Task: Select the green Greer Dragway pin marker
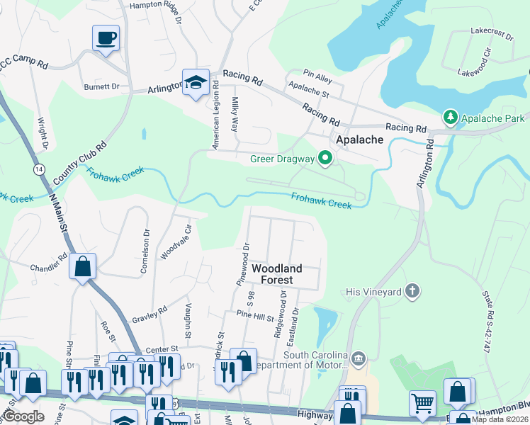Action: [x=325, y=158]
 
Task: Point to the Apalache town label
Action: [x=359, y=140]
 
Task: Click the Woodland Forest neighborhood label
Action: [x=277, y=274]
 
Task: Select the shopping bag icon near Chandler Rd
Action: [x=82, y=267]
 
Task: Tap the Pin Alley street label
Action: [x=317, y=72]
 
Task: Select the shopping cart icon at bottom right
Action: [x=422, y=402]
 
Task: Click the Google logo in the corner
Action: [x=23, y=416]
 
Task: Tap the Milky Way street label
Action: [x=235, y=114]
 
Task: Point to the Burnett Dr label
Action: [x=101, y=86]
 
